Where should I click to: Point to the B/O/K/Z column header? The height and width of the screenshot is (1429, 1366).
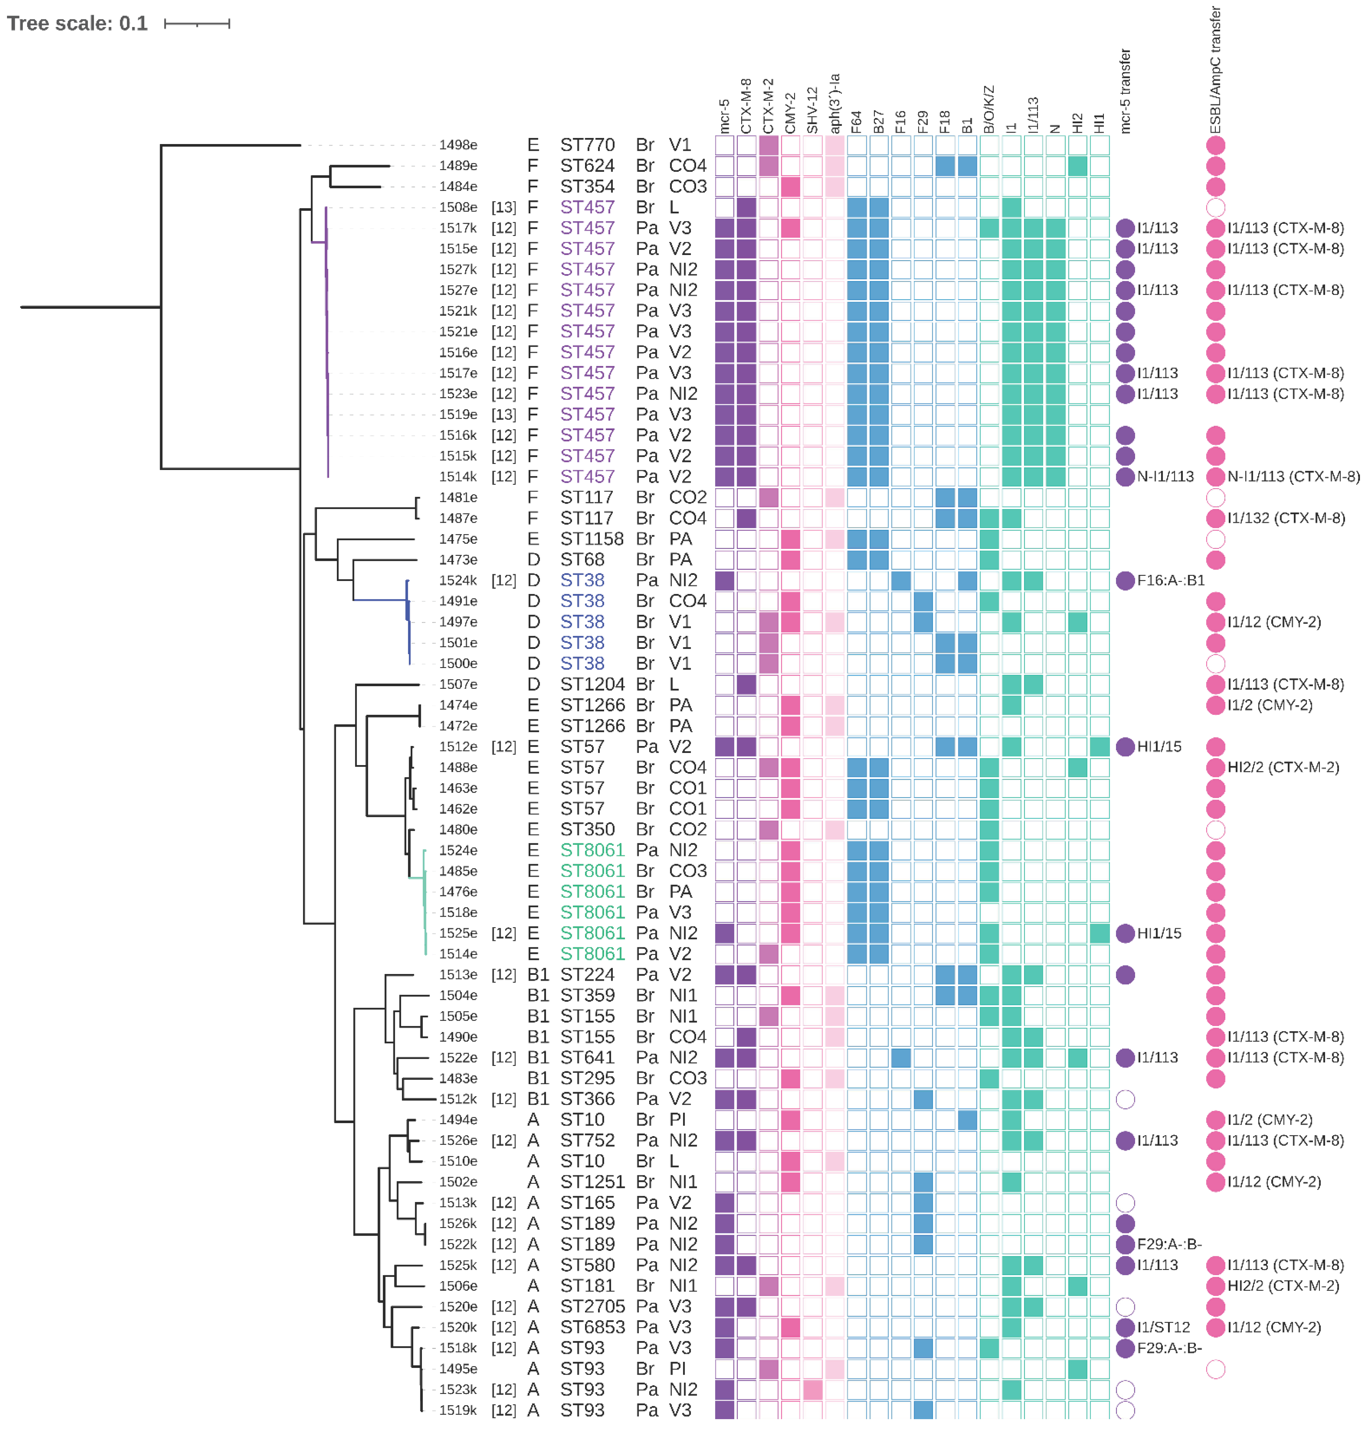coord(989,109)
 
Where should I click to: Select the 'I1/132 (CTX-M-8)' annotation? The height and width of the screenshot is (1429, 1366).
coord(1286,518)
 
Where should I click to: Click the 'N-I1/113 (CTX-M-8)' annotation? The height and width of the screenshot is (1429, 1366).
coord(1293,477)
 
